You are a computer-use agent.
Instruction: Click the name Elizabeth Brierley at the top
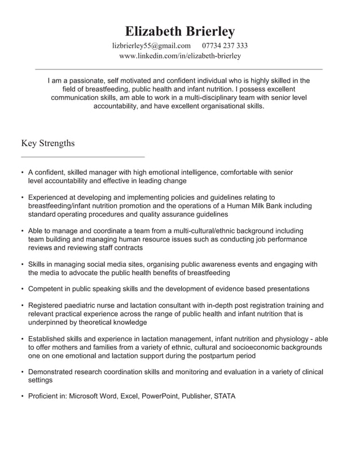click(179, 31)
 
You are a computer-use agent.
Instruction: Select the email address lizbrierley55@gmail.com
click(152, 46)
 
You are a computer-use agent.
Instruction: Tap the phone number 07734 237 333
click(225, 46)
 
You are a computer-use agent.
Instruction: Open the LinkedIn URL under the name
click(180, 56)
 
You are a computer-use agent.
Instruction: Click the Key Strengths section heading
click(47, 143)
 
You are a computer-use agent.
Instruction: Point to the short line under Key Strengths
click(82, 156)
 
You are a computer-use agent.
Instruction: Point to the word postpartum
click(212, 356)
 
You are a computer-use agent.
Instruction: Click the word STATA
click(225, 396)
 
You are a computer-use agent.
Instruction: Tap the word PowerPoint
click(160, 396)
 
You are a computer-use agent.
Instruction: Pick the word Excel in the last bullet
click(129, 396)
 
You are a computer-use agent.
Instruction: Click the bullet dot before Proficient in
click(22, 396)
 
